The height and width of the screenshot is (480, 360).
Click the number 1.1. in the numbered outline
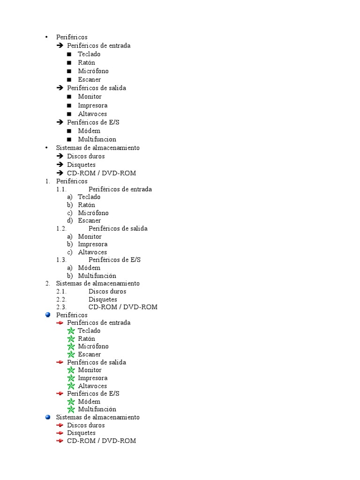click(x=61, y=189)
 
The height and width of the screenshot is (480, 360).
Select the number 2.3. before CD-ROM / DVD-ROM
click(x=61, y=307)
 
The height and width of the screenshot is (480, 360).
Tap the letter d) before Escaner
click(x=70, y=221)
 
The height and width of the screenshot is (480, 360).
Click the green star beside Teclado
click(x=71, y=331)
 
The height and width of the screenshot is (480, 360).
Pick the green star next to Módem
click(x=71, y=402)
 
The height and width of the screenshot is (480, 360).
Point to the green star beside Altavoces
click(x=71, y=386)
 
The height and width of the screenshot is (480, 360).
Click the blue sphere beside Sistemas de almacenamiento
click(x=48, y=417)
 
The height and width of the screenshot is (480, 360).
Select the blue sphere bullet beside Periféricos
click(x=48, y=315)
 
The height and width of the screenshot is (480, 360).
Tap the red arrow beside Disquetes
click(x=60, y=433)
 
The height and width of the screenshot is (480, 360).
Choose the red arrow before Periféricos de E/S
click(x=60, y=394)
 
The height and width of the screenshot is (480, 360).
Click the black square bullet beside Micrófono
click(x=69, y=71)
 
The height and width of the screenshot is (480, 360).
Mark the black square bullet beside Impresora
click(x=69, y=105)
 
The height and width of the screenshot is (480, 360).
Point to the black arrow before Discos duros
click(x=60, y=156)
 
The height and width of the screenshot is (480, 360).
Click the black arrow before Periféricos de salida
click(x=60, y=88)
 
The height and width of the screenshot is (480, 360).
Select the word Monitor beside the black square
click(x=90, y=97)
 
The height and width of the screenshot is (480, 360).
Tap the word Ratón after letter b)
click(x=86, y=205)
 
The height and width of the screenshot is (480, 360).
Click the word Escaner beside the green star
click(x=89, y=354)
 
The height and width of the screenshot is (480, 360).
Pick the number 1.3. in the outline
click(x=61, y=260)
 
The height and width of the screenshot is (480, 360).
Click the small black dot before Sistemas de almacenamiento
click(x=46, y=148)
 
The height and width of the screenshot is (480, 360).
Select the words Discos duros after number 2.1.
click(x=107, y=292)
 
